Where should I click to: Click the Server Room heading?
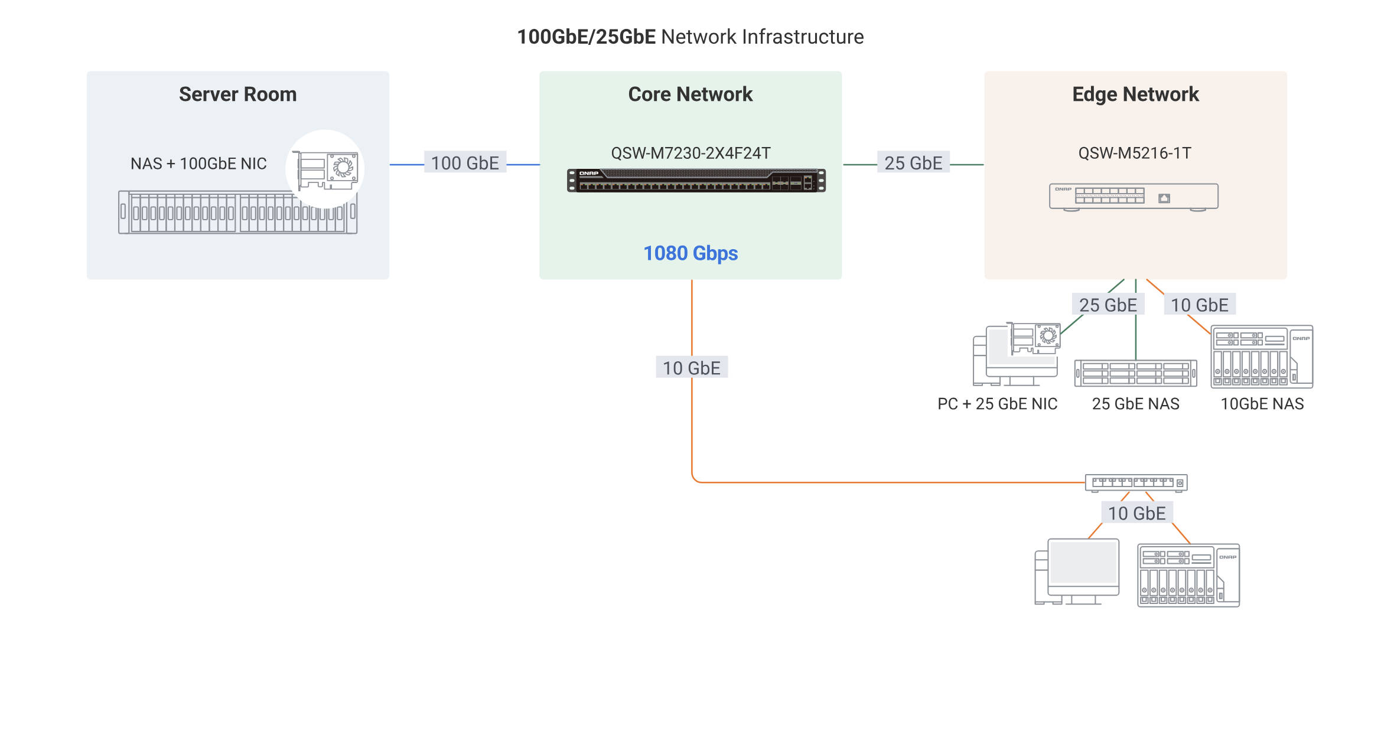tap(237, 94)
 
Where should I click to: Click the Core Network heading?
tap(690, 94)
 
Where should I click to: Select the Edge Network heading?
tap(1135, 94)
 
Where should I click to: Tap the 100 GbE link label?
tap(465, 163)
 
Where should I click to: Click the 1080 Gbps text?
tap(690, 253)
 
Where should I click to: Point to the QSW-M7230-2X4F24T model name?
tap(690, 154)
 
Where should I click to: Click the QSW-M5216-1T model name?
tap(1134, 154)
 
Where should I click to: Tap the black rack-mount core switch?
tap(696, 181)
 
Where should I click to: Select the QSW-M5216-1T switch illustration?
tap(1133, 197)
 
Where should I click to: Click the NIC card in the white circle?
tap(325, 170)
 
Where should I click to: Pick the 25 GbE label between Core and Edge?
tap(913, 163)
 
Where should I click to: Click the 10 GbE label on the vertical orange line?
tap(691, 368)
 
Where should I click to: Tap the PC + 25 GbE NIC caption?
tap(997, 404)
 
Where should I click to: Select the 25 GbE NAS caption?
tap(1135, 404)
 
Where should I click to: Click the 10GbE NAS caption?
tap(1262, 404)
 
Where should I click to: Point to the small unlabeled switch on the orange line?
tap(1135, 483)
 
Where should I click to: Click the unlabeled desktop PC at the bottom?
tap(1077, 572)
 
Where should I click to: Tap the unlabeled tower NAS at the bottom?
tap(1188, 576)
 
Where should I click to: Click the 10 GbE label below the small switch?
tap(1136, 513)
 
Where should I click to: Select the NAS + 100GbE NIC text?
tap(198, 164)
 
